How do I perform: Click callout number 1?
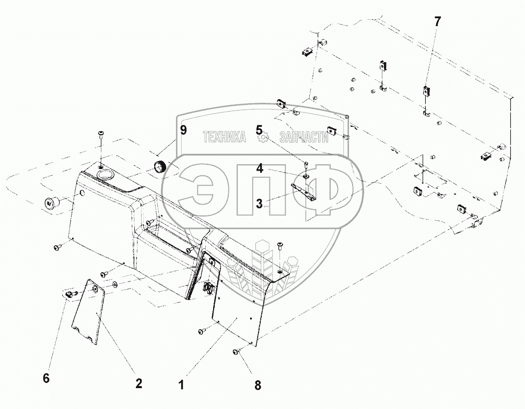coord(181,386)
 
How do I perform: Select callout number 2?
coord(138,383)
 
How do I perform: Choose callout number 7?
coord(437,22)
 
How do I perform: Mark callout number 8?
coord(257,386)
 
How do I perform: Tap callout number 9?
coord(183,130)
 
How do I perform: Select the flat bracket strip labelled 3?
coord(307,191)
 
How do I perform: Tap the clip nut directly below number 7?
coord(426,91)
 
